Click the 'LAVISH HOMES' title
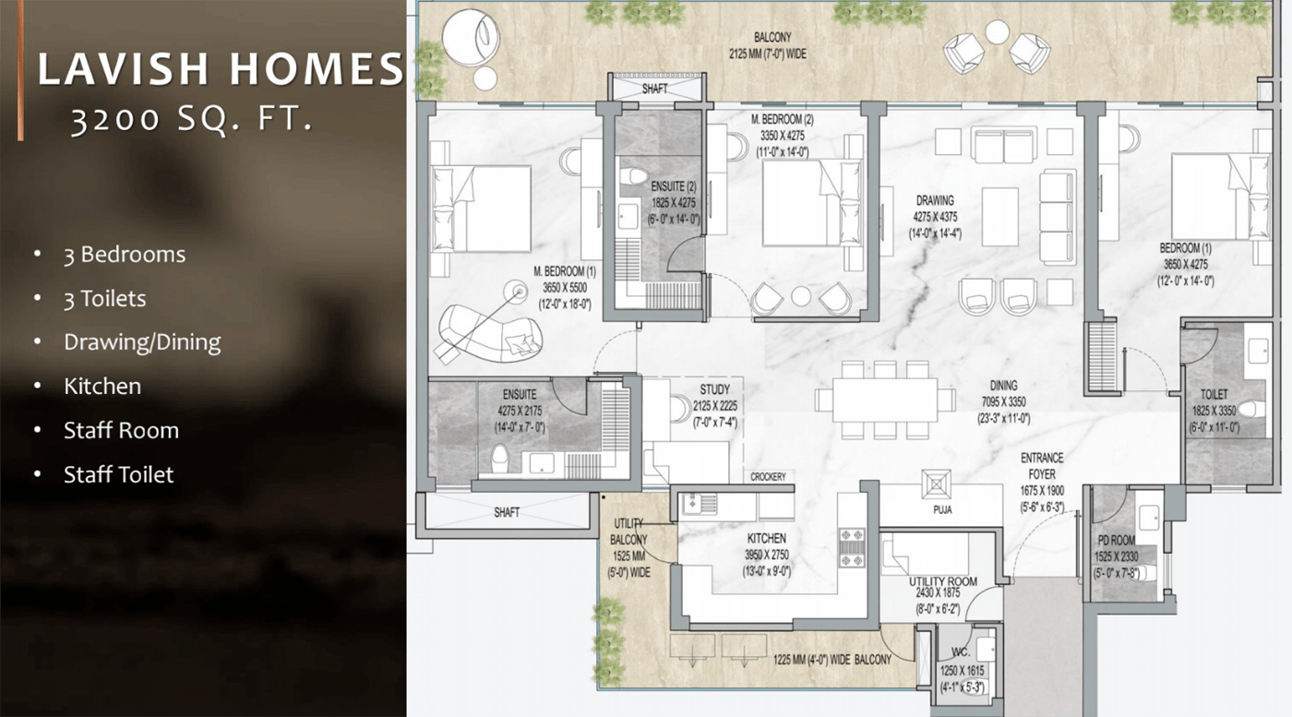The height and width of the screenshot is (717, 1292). click(221, 68)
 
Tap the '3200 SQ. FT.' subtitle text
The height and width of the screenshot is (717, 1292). click(192, 119)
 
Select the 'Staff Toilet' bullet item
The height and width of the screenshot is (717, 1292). click(118, 474)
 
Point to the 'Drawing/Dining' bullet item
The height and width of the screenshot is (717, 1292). click(142, 342)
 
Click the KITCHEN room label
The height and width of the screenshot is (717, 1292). click(767, 538)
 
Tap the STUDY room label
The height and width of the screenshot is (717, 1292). click(714, 389)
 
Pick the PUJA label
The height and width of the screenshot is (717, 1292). click(942, 510)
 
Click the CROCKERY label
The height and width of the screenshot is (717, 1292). click(768, 477)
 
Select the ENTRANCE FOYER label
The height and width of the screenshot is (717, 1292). click(1042, 466)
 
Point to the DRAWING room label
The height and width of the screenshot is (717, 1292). click(935, 201)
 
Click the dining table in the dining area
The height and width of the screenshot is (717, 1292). click(885, 400)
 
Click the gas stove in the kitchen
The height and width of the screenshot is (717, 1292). click(851, 547)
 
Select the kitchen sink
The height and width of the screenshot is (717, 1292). click(700, 504)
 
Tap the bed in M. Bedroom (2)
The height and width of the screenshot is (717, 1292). click(811, 203)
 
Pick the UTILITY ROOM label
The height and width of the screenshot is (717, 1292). click(943, 581)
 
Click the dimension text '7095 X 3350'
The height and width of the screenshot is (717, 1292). click(1004, 402)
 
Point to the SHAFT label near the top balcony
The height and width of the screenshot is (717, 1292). click(654, 89)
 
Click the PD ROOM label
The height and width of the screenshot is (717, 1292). click(1116, 541)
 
